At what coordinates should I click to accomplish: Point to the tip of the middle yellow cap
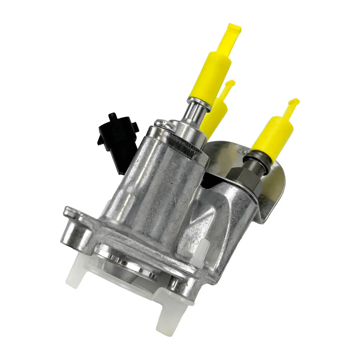(229, 85)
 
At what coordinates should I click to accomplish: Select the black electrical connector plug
(117, 139)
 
